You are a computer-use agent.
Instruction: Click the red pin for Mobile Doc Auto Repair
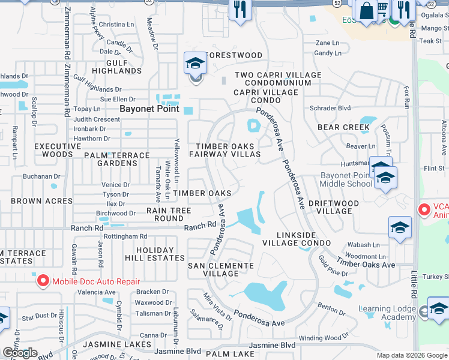[x=43, y=280]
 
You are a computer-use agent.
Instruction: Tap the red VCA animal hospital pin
[x=424, y=209]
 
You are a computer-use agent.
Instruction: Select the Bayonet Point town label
[x=149, y=109]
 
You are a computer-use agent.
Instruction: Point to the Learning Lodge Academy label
[x=387, y=313]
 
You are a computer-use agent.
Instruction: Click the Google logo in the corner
[x=20, y=353]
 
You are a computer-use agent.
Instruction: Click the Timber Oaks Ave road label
[x=366, y=262]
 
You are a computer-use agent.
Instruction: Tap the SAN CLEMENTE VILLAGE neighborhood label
[x=221, y=269]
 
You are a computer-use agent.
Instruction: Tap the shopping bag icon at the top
[x=366, y=10]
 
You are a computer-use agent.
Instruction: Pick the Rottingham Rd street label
[x=126, y=236]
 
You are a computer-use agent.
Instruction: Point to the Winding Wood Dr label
[x=323, y=338]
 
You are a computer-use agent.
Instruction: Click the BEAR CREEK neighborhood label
[x=343, y=127]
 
